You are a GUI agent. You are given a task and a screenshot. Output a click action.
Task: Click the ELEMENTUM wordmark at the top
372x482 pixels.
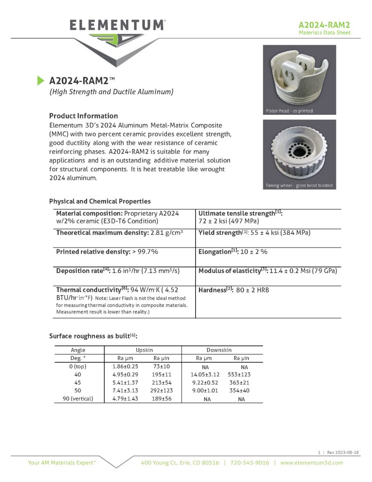pos(117,25)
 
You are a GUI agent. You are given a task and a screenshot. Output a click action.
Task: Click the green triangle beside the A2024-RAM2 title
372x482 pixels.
pos(40,80)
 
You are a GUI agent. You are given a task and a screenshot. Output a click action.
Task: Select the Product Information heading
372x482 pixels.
pos(83,116)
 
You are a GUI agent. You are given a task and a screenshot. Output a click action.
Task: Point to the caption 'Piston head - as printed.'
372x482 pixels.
pos(288,111)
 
